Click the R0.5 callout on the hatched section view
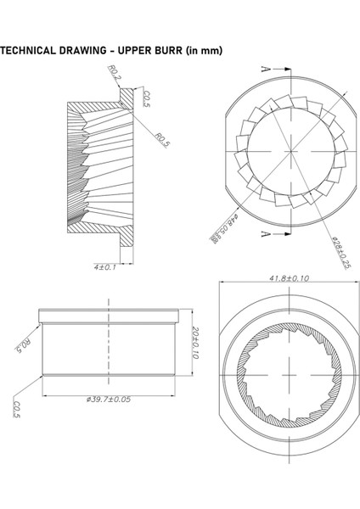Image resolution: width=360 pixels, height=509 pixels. click(162, 139)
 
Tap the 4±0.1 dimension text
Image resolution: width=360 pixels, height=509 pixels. click(107, 267)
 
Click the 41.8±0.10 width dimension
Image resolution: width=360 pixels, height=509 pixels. click(288, 278)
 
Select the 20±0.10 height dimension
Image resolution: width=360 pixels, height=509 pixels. click(195, 344)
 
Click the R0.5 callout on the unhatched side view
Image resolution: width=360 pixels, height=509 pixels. click(23, 345)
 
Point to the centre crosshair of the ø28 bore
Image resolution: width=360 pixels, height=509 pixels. click(290, 150)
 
